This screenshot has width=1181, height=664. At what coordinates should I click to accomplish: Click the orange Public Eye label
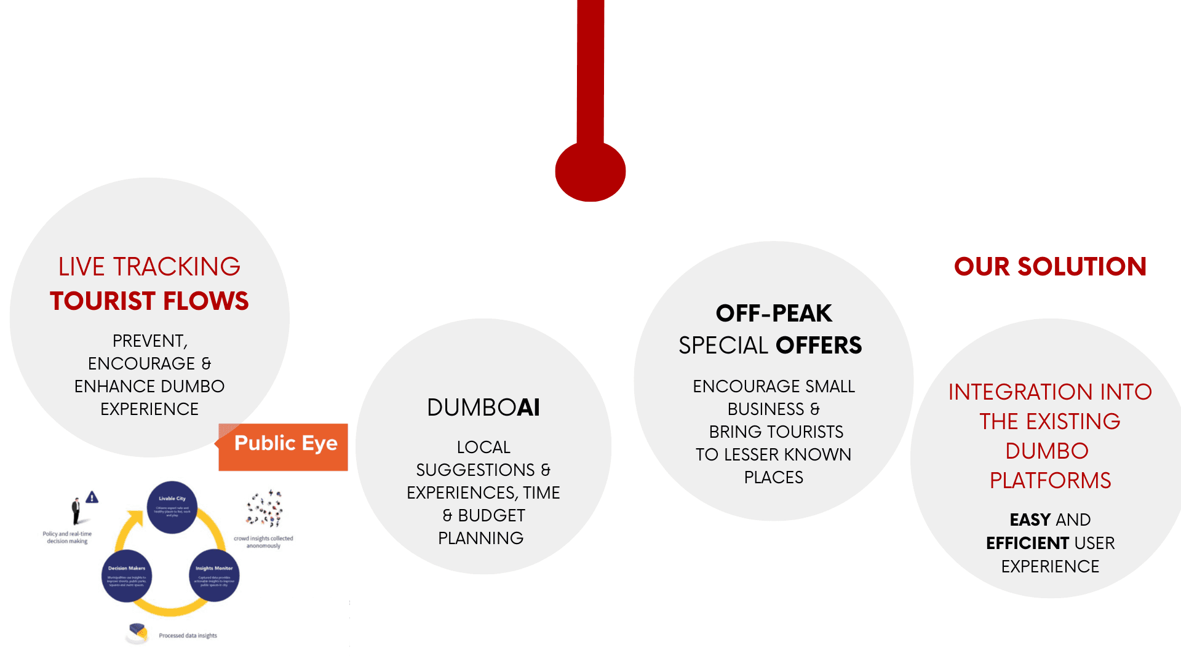pos(284,446)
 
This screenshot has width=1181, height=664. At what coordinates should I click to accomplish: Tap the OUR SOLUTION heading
pos(1050,267)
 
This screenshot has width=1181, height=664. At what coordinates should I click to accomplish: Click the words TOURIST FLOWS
pos(149,301)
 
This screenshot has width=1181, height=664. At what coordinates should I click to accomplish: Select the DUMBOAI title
pos(483,408)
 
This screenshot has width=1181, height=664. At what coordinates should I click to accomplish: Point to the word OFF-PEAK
pos(774,314)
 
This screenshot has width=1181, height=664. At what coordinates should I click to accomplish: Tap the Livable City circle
pos(172,507)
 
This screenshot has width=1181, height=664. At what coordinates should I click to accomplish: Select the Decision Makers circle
pos(127,576)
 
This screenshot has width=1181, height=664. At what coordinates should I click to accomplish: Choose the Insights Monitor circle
pos(214,576)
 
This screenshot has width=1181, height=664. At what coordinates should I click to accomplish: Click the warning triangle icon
pos(92,497)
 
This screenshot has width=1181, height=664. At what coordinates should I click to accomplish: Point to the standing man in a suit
pos(76,511)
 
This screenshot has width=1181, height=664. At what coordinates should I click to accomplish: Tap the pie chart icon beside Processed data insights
pos(138,632)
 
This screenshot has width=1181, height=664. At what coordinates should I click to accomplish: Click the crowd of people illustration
pos(264,508)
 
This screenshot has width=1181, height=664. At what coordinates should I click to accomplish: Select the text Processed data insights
pos(188,636)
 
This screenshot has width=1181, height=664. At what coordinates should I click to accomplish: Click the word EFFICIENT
pos(1027,543)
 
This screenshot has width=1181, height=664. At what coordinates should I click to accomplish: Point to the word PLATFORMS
pos(1050,481)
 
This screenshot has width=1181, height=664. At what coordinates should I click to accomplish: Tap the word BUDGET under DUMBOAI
pos(491,516)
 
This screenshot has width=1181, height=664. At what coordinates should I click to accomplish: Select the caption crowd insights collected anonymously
pos(263,542)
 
